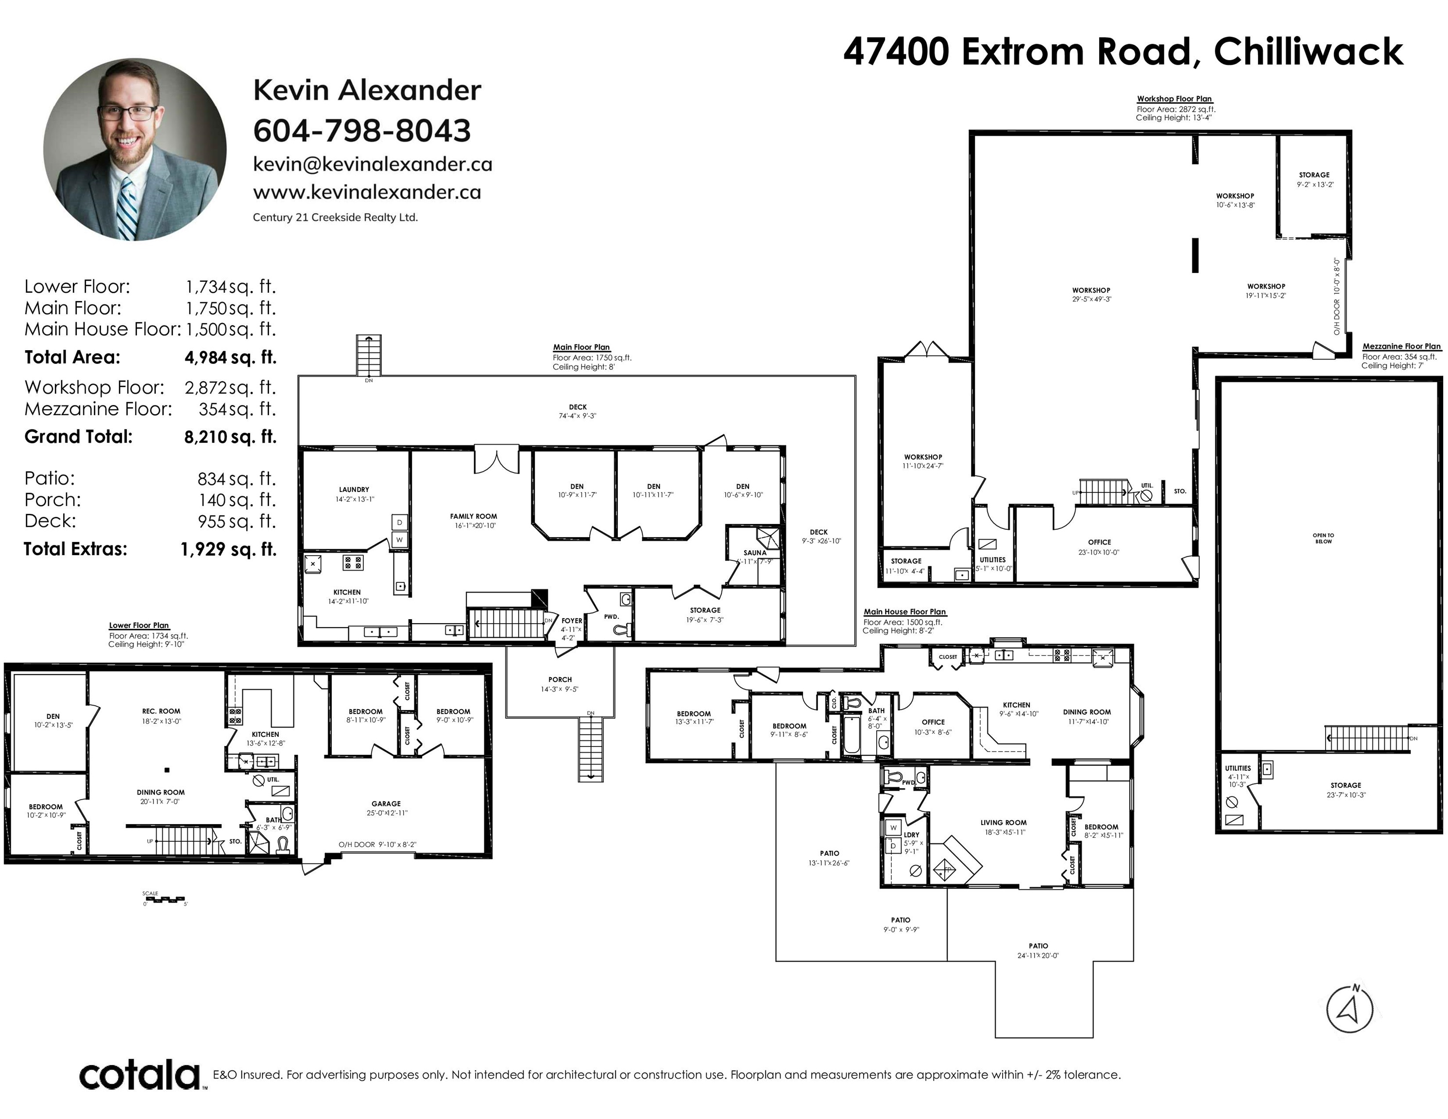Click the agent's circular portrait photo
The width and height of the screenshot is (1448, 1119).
135,149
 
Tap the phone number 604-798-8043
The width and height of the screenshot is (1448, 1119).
362,131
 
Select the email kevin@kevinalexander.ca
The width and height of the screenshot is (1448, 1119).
373,165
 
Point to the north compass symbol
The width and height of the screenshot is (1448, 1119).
1349,1009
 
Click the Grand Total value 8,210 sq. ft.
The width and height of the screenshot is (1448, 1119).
230,437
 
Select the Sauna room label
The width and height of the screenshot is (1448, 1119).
754,552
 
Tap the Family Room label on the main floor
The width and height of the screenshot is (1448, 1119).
474,516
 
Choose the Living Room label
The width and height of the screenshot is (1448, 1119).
1003,823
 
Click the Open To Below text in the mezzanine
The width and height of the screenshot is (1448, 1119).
1323,538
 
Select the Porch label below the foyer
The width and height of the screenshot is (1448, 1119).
560,679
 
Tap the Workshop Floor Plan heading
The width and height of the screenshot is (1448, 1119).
1174,99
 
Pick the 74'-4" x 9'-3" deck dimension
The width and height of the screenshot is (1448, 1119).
578,416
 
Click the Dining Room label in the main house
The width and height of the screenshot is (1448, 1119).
1087,712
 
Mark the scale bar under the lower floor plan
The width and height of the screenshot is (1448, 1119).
165,899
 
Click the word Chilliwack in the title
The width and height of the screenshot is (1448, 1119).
1308,51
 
